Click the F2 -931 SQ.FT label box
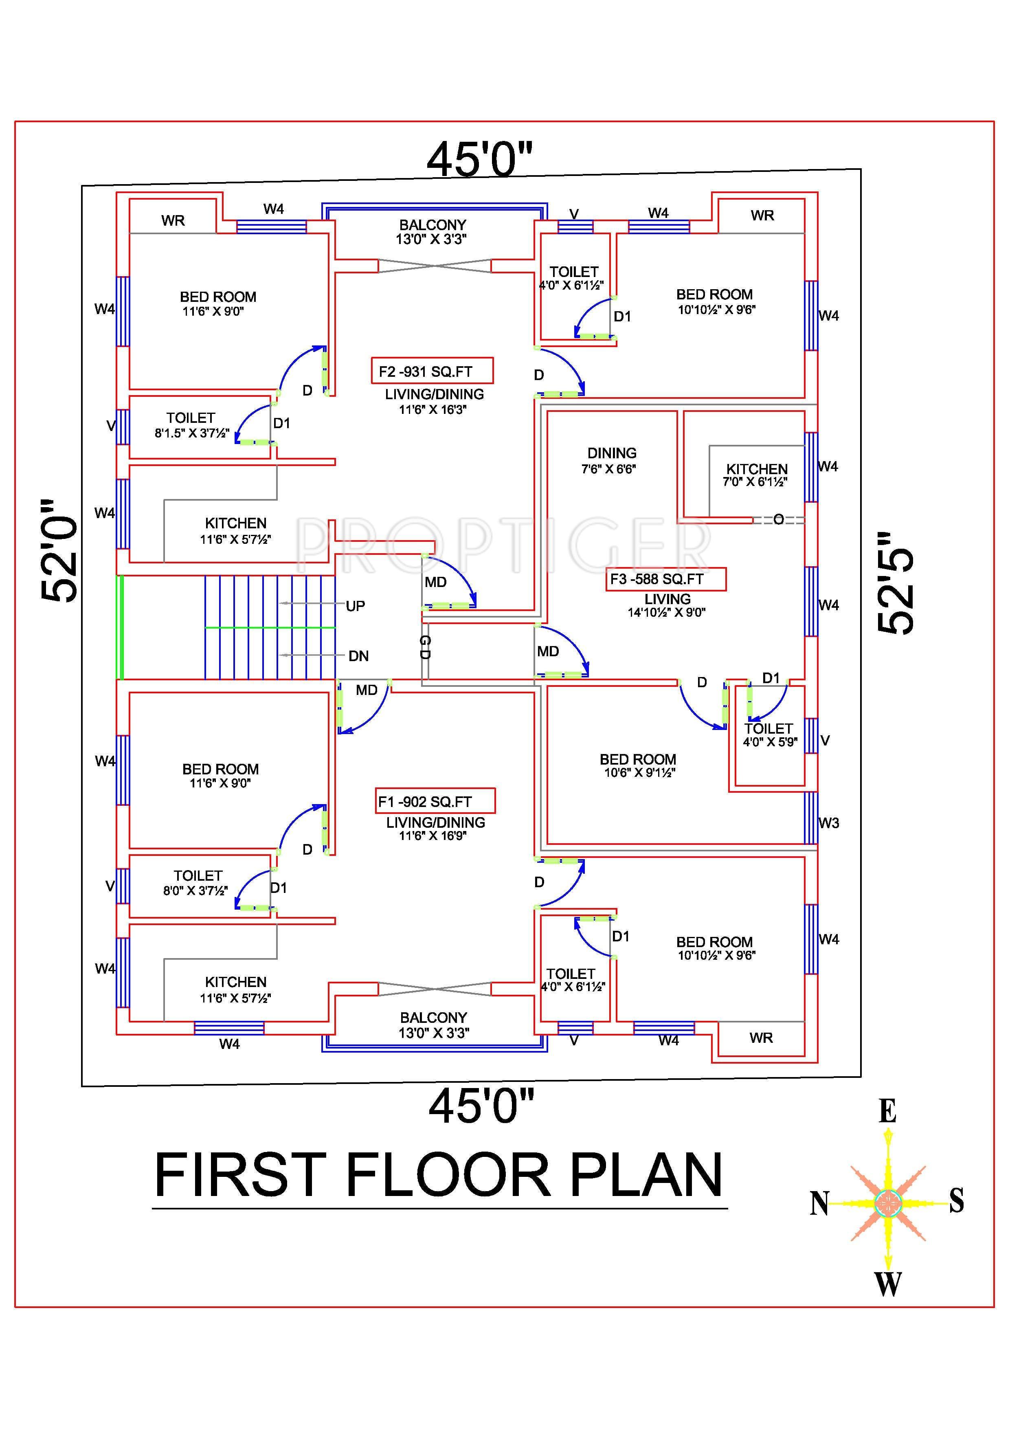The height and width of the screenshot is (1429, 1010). pos(432,371)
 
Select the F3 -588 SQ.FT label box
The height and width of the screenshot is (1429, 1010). pos(665,579)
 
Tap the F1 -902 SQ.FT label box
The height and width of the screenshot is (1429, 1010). pos(436,801)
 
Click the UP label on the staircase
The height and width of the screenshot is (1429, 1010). pos(356,606)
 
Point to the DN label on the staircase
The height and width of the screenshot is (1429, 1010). pos(358,655)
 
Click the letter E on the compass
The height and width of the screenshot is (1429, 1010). pos(887,1111)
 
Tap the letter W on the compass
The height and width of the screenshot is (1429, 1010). pos(888,1284)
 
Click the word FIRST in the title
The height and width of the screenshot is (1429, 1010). pos(240,1176)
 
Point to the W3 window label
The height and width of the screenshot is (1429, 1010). pos(828,823)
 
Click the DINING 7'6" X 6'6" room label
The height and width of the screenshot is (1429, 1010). pos(611,461)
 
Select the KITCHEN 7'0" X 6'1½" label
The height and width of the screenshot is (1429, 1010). pos(756,475)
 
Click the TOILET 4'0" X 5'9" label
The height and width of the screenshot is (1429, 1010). pos(769,734)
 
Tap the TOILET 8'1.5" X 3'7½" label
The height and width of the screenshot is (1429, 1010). pos(191,425)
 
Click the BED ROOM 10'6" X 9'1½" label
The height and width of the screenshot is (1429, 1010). pos(638,765)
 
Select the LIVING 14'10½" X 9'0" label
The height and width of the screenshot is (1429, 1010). pos(667,605)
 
